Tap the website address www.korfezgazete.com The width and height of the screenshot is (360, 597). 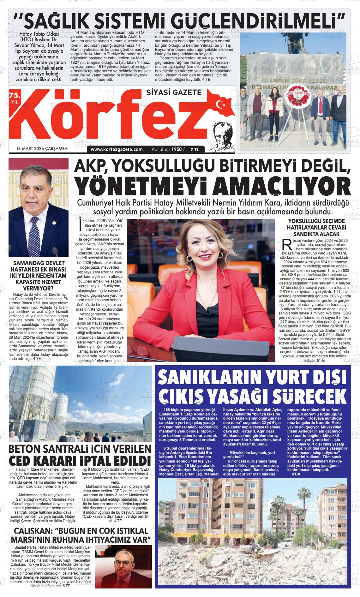(117, 149)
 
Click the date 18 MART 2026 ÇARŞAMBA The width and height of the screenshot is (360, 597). (42, 148)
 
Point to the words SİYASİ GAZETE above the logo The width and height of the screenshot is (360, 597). (174, 92)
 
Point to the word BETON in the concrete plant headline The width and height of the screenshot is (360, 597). (27, 449)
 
